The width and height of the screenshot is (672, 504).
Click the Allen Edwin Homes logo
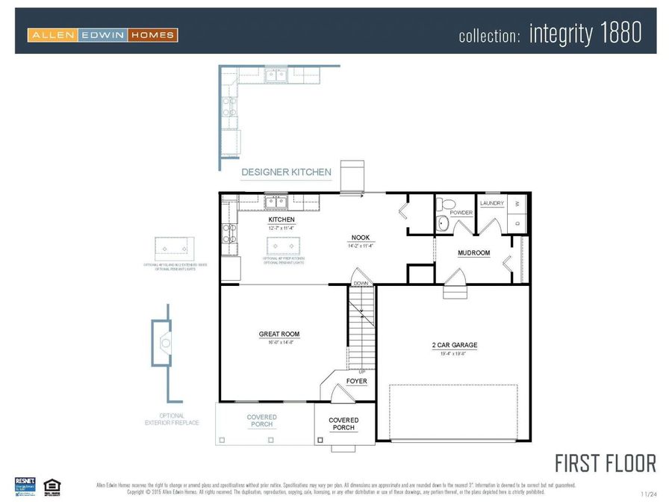point(102,34)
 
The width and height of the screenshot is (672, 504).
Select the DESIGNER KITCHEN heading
point(286,172)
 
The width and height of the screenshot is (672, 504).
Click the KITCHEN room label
point(281,220)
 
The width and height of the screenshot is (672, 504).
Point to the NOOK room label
point(361,237)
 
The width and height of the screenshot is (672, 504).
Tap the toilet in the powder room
point(446,204)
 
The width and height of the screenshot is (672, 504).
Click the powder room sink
point(442,222)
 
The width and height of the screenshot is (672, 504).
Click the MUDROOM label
point(473,253)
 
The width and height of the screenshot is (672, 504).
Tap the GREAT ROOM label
point(279,334)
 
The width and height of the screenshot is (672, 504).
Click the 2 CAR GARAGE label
point(454,345)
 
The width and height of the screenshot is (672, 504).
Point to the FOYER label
point(356,381)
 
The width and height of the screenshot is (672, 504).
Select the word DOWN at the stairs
point(361,283)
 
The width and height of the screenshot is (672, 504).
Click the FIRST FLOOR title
point(605,463)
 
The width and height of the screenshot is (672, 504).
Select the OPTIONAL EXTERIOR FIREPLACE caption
point(172,419)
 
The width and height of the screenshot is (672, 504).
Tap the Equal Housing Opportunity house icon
point(52,485)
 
